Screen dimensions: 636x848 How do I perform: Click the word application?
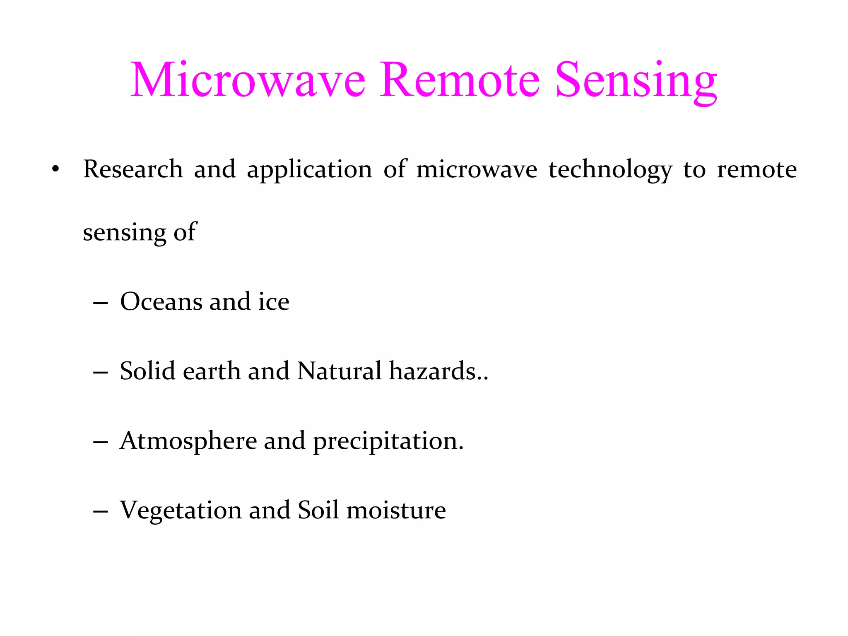[x=309, y=170]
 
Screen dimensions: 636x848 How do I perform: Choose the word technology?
[x=610, y=170]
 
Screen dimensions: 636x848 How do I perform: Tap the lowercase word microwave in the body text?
[x=477, y=170]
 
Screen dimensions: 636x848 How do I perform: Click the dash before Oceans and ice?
[x=101, y=303]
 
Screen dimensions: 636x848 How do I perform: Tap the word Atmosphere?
[x=188, y=441]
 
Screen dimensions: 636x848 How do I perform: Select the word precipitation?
[x=388, y=441]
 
